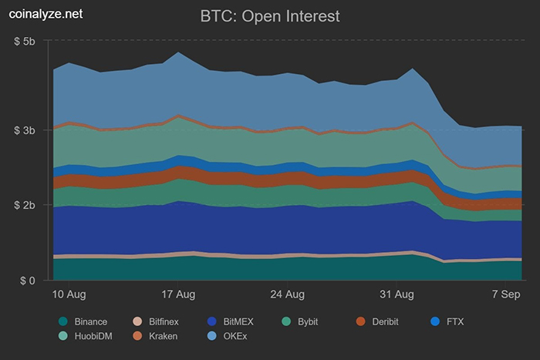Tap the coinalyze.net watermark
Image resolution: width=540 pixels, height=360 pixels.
[x=43, y=12]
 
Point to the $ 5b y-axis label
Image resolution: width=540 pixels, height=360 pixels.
[x=25, y=41]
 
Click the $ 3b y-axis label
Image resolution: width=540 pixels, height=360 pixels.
[x=25, y=130]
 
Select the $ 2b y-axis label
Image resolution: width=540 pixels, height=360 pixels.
[x=25, y=205]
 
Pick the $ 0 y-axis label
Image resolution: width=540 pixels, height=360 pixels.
[x=29, y=281]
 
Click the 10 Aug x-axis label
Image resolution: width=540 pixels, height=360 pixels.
[x=69, y=294]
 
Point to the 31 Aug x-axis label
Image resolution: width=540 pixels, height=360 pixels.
[x=399, y=294]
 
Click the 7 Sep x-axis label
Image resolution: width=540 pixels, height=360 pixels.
[x=506, y=294]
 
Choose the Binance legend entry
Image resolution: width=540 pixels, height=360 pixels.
[x=83, y=321]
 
